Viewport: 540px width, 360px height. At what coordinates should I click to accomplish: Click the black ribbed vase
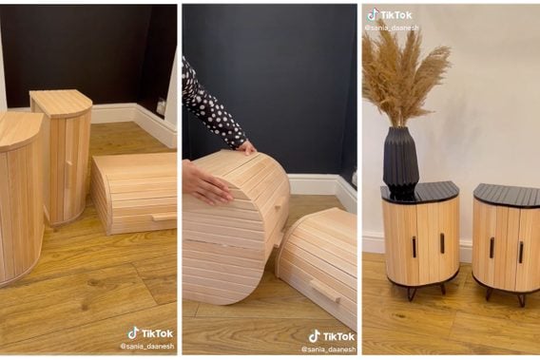tap(401, 159)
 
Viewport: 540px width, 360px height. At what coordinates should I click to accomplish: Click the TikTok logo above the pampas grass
tap(390, 15)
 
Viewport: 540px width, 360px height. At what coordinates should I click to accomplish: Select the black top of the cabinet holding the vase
tap(420, 192)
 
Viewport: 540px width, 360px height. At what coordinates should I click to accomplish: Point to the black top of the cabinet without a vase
tap(507, 196)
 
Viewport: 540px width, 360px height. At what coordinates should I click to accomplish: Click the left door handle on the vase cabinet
tap(415, 247)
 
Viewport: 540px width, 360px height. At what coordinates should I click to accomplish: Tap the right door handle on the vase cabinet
tap(442, 243)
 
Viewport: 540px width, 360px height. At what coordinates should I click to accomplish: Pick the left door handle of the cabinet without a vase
tap(492, 248)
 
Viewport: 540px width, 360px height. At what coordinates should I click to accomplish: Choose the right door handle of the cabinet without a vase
tap(521, 253)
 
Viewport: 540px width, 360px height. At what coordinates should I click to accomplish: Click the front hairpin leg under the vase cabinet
tap(413, 294)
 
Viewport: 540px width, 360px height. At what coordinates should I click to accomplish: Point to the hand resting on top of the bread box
tap(247, 148)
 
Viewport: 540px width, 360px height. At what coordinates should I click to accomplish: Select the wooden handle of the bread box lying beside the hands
tap(326, 291)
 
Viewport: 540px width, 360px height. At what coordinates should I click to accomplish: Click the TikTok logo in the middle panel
tap(331, 336)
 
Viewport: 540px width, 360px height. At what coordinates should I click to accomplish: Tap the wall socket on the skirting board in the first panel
tap(161, 107)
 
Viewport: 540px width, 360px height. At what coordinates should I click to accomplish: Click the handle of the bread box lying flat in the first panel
tap(164, 217)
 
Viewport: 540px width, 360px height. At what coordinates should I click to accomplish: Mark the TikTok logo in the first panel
tap(150, 333)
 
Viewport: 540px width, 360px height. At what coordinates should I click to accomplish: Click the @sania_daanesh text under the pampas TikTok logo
tap(392, 28)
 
